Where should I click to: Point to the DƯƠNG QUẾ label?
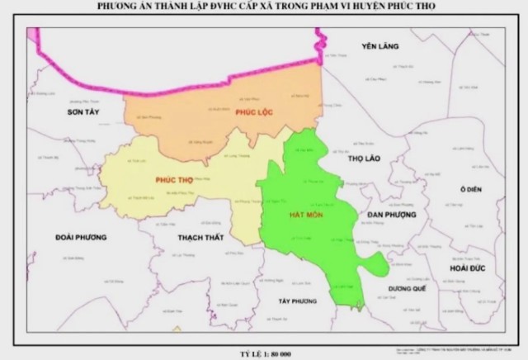point(405,289)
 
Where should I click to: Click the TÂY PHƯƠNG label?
point(299,301)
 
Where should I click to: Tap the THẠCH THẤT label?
point(202,237)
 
